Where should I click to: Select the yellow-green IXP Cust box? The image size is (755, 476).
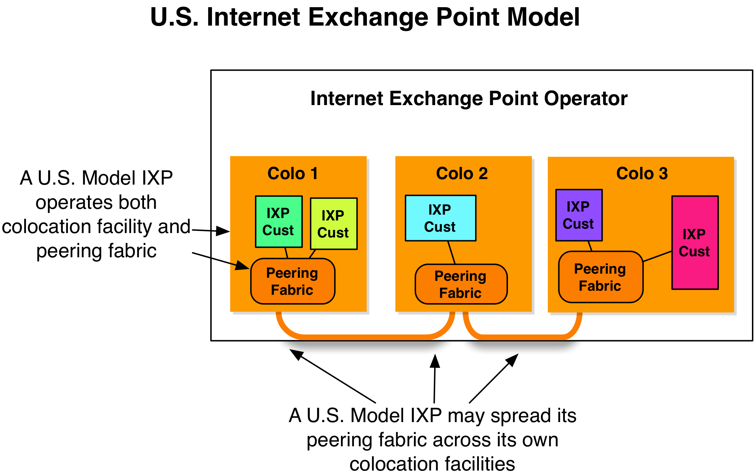333,223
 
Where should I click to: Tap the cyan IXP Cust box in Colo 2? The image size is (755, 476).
440,218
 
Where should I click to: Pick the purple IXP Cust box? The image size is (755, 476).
579,215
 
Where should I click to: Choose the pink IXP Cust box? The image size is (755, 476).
695,242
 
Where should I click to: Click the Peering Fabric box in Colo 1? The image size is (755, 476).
293,281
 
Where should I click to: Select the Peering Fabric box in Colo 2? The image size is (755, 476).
461,284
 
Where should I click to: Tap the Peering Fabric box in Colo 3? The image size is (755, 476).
600,277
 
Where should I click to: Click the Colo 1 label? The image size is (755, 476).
293,173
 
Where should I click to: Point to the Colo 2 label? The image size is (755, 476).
462,173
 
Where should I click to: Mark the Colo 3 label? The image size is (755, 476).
642,173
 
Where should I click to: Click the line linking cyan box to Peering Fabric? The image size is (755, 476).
452,253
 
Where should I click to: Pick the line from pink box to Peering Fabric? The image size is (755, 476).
657,256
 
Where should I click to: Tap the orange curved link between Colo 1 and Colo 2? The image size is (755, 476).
365,337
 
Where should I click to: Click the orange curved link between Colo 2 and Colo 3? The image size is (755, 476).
522,337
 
